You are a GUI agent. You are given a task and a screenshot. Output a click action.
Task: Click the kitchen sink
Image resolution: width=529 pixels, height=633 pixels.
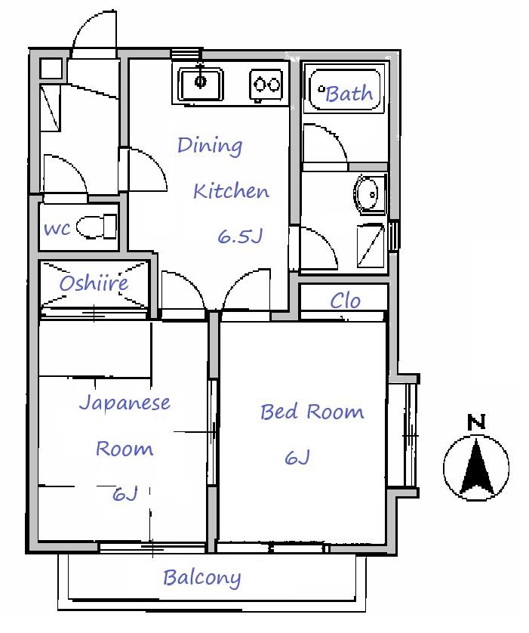point(201,84)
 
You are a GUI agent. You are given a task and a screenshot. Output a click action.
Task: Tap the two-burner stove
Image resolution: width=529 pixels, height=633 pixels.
point(266,85)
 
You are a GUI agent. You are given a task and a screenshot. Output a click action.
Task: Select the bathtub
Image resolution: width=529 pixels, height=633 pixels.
point(345,90)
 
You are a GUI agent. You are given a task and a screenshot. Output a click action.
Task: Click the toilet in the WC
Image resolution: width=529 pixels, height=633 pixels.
point(97,227)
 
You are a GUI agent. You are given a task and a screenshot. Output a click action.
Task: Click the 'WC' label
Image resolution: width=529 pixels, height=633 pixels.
point(57,230)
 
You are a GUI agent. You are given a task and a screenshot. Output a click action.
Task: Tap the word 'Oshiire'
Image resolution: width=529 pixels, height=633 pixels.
point(94,283)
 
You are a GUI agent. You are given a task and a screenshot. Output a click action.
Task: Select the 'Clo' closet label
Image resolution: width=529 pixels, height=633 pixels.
point(345,301)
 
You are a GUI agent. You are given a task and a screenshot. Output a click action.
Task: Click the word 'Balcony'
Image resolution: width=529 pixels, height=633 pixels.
point(202,578)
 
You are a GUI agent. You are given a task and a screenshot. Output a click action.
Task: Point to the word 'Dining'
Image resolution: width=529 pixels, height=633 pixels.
point(210,146)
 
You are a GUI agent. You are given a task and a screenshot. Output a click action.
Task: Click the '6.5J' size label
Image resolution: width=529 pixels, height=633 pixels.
point(240,236)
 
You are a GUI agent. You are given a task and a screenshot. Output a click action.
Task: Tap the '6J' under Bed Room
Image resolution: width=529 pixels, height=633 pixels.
point(297,458)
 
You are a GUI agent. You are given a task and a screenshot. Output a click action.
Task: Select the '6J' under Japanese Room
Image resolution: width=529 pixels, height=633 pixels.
point(125,494)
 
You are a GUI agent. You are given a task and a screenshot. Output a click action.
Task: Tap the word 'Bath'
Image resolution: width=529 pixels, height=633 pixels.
point(349,94)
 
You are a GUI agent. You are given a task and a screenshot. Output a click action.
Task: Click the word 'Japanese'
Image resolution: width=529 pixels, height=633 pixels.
point(125,403)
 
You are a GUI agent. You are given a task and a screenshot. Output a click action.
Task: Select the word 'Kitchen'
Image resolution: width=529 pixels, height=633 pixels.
point(231,191)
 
